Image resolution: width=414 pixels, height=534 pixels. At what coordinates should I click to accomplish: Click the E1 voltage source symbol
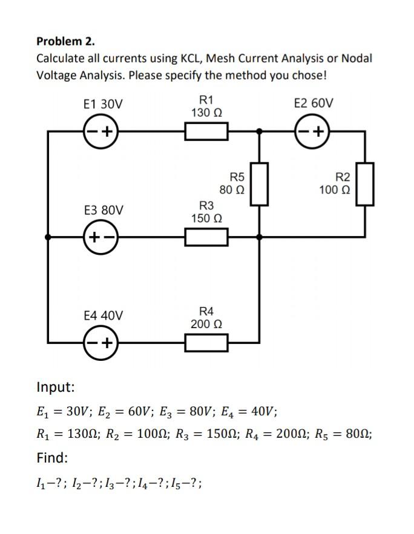pyautogui.click(x=101, y=131)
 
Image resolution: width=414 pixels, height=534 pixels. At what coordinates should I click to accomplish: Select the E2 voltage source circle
pyautogui.click(x=312, y=131)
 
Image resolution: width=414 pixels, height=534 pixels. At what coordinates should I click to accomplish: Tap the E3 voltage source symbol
pyautogui.click(x=101, y=237)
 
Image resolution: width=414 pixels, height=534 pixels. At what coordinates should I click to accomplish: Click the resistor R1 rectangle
pyautogui.click(x=206, y=131)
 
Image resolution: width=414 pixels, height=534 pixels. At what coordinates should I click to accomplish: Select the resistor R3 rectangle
pyautogui.click(x=206, y=237)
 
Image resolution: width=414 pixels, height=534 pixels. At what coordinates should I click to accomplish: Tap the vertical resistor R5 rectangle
pyautogui.click(x=260, y=184)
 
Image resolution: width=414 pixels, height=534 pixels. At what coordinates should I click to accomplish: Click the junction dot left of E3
pyautogui.click(x=48, y=237)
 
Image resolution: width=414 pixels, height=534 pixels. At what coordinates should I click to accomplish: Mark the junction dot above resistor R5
pyautogui.click(x=260, y=131)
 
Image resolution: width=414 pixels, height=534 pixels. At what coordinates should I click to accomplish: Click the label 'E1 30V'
pyautogui.click(x=103, y=104)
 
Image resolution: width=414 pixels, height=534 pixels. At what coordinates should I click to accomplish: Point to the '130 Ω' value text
pyautogui.click(x=206, y=113)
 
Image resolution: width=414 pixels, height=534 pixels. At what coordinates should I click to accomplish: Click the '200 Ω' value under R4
pyautogui.click(x=206, y=325)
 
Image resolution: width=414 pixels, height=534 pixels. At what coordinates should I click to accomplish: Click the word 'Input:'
pyautogui.click(x=56, y=387)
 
